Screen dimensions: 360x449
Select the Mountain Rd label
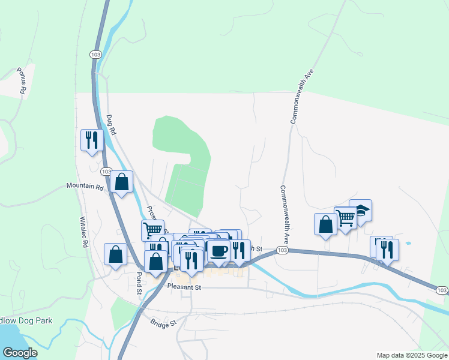[85, 187]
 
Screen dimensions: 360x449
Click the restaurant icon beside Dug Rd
[92, 140]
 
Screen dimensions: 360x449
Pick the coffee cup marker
[218, 250]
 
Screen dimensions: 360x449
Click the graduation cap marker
[360, 211]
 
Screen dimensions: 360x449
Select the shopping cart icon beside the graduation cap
[345, 218]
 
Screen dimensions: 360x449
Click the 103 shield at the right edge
[442, 291]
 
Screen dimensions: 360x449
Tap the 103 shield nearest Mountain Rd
[106, 172]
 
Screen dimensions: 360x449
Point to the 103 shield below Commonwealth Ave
[282, 249]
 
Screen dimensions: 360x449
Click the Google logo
[20, 353]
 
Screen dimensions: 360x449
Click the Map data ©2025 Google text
[411, 355]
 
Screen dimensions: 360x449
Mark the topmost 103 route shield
[95, 54]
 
